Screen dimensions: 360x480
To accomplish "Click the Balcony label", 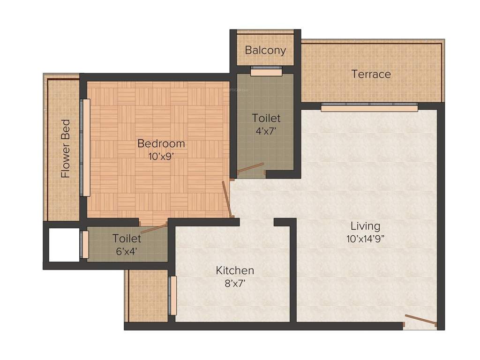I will point(265,50).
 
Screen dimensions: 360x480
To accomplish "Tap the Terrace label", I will point(371,74).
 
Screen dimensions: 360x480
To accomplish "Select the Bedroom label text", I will point(161,143).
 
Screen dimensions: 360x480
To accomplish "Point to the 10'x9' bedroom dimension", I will point(161,157).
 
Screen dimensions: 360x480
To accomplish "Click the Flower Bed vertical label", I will point(66,149).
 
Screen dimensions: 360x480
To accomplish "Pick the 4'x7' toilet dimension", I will point(266,131).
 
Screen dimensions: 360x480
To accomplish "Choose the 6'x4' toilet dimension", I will point(127,251).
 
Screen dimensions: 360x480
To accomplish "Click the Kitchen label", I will point(235,270).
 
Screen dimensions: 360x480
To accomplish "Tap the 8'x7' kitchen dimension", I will point(235,283).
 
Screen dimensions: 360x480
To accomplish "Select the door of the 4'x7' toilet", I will point(251,168).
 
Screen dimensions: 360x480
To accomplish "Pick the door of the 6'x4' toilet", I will point(154,229).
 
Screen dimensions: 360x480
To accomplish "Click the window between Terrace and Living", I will point(369,108).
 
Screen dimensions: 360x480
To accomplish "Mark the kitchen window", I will point(173,296).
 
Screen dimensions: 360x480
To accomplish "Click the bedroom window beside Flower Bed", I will point(85,148).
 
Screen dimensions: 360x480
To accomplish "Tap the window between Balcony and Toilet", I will point(266,72).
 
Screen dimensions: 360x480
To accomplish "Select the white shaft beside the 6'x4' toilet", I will point(64,245).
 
